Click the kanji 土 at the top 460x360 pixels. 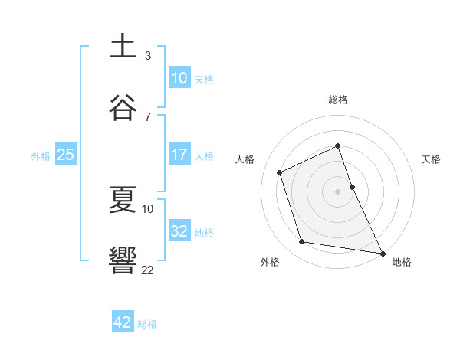[123, 47]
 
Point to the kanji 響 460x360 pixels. [123, 260]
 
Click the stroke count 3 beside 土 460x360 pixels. [148, 56]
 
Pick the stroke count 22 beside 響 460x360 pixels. [148, 270]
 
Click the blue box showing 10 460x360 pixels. [179, 78]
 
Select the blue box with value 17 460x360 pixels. [179, 155]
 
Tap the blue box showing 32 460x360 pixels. [179, 231]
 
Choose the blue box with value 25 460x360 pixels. [65, 155]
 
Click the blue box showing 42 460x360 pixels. [123, 322]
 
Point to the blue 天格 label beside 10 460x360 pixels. [204, 80]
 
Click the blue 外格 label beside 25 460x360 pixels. [41, 156]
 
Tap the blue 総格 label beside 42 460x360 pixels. [148, 324]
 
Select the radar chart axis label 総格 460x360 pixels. [338, 100]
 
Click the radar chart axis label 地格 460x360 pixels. [402, 262]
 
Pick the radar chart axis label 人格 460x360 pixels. [245, 159]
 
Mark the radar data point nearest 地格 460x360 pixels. [382, 252]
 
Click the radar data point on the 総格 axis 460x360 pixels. [338, 146]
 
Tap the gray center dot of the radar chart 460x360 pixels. [338, 191]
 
